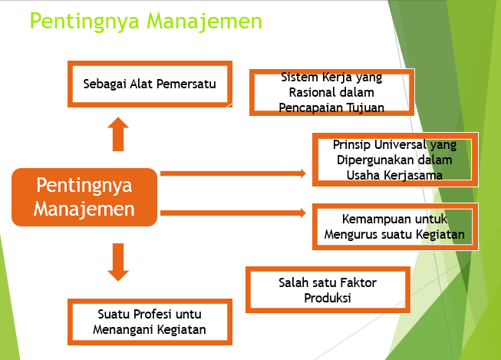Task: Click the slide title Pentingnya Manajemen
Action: pos(145,21)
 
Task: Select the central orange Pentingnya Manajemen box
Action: pos(84,197)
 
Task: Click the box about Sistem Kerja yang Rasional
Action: pos(331,93)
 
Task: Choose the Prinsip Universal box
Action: pos(394,160)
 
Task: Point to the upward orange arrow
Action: pos(117,134)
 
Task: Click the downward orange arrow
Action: pos(117,262)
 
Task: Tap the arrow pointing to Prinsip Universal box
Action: pos(233,173)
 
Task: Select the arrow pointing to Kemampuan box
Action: pos(233,212)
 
